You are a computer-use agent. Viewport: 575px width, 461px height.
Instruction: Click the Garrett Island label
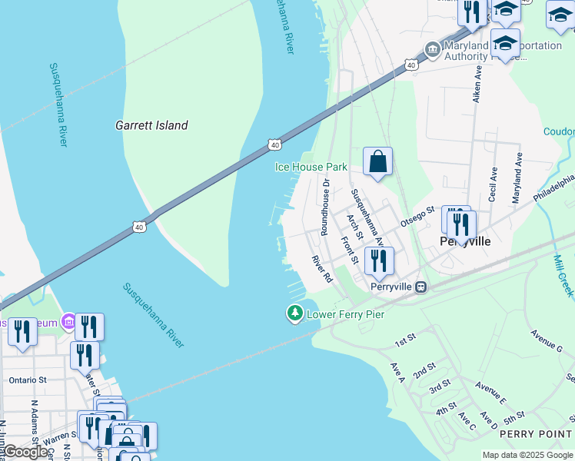[x=151, y=125]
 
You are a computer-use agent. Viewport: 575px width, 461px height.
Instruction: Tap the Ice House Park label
[x=311, y=167]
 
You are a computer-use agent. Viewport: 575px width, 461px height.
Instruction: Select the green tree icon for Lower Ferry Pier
[x=294, y=313]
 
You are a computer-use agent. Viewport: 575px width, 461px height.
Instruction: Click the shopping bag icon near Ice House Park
[x=377, y=161]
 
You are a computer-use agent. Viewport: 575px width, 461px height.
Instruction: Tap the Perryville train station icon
[x=420, y=287]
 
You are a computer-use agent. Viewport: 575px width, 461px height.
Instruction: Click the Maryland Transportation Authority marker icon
[x=433, y=50]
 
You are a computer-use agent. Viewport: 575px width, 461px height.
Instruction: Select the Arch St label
[x=354, y=227]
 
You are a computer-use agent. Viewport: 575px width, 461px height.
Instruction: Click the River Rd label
[x=321, y=268]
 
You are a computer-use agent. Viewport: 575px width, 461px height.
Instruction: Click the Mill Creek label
[x=563, y=277]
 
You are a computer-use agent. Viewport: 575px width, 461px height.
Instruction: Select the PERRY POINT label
[x=537, y=434]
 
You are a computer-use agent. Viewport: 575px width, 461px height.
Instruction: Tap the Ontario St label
[x=28, y=380]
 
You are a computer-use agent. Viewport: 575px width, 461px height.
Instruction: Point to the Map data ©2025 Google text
[x=527, y=455]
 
